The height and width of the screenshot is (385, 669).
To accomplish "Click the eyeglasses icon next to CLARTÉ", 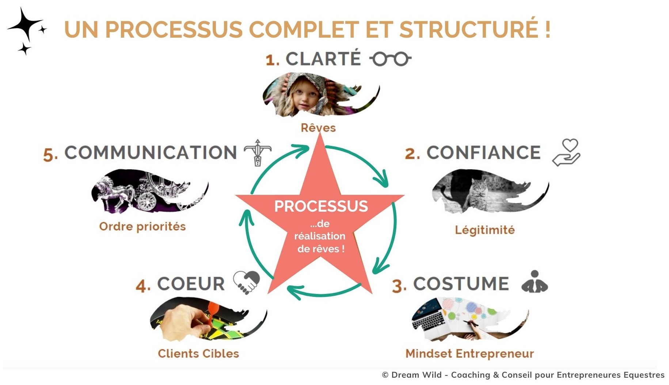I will click(x=390, y=59).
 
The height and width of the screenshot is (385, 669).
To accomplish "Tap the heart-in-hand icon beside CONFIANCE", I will click(x=566, y=152).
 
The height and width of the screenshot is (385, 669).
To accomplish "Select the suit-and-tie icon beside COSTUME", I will click(x=535, y=282).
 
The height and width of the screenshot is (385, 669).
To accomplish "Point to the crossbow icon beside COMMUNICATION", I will click(x=258, y=152).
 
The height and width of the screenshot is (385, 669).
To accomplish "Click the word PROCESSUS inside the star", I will click(x=321, y=206).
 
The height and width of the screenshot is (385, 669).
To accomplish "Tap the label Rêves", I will click(x=318, y=128).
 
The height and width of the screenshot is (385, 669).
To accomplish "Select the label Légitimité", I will click(x=484, y=230).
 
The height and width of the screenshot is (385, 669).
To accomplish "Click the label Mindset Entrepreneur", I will click(x=470, y=354).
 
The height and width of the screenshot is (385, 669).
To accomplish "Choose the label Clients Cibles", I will click(x=198, y=354).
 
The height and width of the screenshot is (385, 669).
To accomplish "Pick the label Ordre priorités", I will click(x=142, y=226).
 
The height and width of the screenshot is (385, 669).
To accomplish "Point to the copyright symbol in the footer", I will click(x=385, y=375).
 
